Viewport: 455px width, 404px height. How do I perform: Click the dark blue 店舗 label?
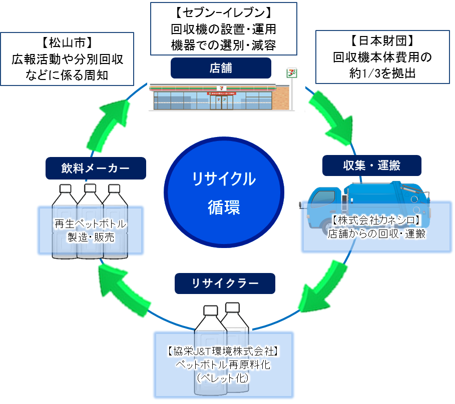coord(221,68)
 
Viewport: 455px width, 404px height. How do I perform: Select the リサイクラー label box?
coord(225,283)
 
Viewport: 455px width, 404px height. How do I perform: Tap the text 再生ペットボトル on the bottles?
coord(90,223)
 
